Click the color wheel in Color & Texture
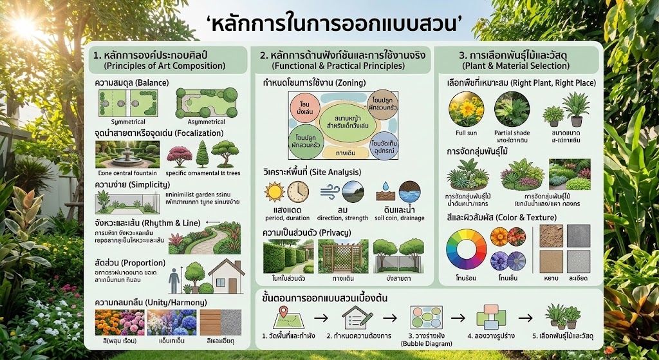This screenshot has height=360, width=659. [x=467, y=249]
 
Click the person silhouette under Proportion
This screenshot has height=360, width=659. [x=174, y=279]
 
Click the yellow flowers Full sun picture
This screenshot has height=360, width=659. [x=466, y=109]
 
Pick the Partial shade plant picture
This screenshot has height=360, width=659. [x=512, y=109]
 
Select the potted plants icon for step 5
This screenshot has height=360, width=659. [x=562, y=316]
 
